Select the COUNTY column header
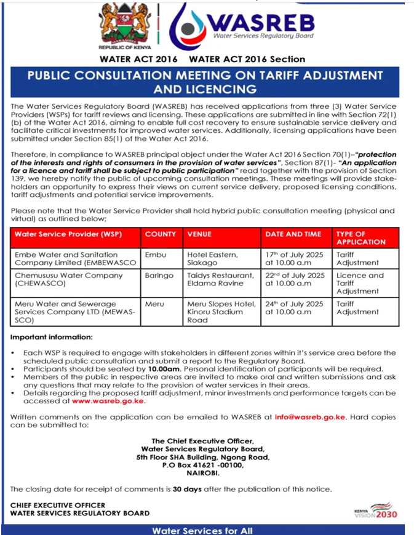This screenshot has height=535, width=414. click(x=161, y=234)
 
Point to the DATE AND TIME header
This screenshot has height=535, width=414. click(x=293, y=234)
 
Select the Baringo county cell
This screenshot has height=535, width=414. click(x=159, y=275)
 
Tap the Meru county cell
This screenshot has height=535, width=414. click(x=154, y=304)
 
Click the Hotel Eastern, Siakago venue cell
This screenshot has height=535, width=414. click(x=212, y=259)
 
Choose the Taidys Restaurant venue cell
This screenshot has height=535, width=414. click(x=220, y=279)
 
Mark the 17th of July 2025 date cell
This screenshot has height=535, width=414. click(x=294, y=259)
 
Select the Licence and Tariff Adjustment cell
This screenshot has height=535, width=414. click(x=360, y=283)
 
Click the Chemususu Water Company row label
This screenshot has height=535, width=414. click(x=68, y=279)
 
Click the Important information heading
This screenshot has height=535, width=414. click(x=52, y=337)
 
